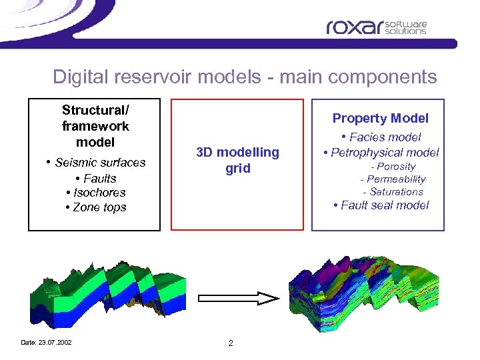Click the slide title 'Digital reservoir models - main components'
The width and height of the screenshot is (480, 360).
pyautogui.click(x=245, y=77)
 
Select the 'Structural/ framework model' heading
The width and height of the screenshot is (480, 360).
pyautogui.click(x=95, y=126)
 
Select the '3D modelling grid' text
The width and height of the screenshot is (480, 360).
pyautogui.click(x=237, y=160)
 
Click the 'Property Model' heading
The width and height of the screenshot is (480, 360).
pyautogui.click(x=380, y=118)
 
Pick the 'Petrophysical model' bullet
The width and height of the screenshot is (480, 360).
pyautogui.click(x=381, y=153)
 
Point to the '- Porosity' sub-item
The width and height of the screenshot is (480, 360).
pyautogui.click(x=393, y=167)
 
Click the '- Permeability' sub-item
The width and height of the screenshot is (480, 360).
pyautogui.click(x=393, y=179)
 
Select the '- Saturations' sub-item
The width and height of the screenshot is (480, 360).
pyautogui.click(x=393, y=192)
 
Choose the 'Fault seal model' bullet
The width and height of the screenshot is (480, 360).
pyautogui.click(x=381, y=205)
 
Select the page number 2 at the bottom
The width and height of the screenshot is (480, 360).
pyautogui.click(x=230, y=343)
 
